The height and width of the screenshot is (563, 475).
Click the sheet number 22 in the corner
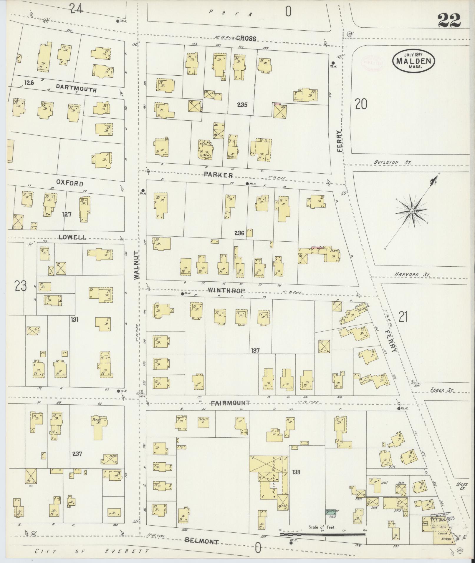click(x=449, y=20)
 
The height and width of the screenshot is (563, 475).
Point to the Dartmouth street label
click(x=76, y=88)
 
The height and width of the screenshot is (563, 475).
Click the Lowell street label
click(x=72, y=237)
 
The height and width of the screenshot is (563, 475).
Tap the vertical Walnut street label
click(x=136, y=265)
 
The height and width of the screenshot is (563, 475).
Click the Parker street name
click(x=219, y=175)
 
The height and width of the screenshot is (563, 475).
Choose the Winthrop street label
click(x=226, y=290)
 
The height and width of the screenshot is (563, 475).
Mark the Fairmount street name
click(x=230, y=403)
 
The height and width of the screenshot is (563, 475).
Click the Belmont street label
click(x=202, y=541)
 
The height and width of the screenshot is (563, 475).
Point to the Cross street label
click(x=246, y=38)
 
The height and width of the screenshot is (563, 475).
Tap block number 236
click(x=239, y=233)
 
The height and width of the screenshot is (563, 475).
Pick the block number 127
click(x=67, y=214)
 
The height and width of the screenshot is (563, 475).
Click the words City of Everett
click(x=92, y=551)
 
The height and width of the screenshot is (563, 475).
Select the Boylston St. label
click(x=393, y=162)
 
